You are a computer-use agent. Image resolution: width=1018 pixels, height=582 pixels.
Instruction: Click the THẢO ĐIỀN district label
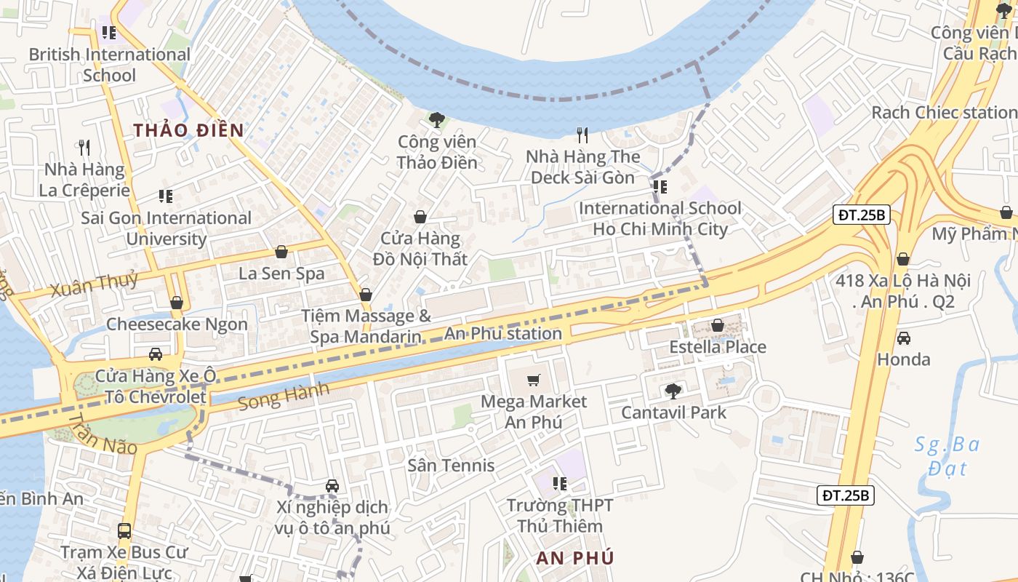188,130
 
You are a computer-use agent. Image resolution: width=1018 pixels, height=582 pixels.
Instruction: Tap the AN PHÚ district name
575,558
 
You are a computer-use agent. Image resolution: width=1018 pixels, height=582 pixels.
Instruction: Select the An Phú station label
504,334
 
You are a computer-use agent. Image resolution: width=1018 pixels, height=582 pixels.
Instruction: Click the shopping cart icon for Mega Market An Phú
534,380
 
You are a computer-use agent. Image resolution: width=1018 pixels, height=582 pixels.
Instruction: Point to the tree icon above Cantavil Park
673,391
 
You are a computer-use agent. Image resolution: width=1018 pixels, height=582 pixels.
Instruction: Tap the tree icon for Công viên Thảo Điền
437,120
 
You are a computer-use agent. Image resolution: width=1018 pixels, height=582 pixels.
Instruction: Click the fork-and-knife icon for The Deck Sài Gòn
582,135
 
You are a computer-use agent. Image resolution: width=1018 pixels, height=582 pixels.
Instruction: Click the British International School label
109,65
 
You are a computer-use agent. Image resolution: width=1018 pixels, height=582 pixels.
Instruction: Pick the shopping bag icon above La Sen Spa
281,252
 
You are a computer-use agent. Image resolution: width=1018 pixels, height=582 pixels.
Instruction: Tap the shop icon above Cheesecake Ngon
177,303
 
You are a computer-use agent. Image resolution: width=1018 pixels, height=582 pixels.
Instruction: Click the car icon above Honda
903,338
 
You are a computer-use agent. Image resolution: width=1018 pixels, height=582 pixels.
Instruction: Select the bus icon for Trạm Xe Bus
124,531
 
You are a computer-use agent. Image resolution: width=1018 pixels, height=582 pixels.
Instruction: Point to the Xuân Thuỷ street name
94,284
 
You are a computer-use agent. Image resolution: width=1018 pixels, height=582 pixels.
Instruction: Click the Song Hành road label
284,396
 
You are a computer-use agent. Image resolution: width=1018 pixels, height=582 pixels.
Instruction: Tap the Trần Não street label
102,434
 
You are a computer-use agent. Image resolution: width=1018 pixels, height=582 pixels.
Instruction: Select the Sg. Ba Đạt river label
946,455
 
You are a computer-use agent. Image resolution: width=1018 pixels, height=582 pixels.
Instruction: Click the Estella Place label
717,347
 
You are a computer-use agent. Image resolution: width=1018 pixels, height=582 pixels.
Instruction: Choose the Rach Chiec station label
943,113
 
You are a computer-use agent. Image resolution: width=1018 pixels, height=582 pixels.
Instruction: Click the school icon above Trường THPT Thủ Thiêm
559,484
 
